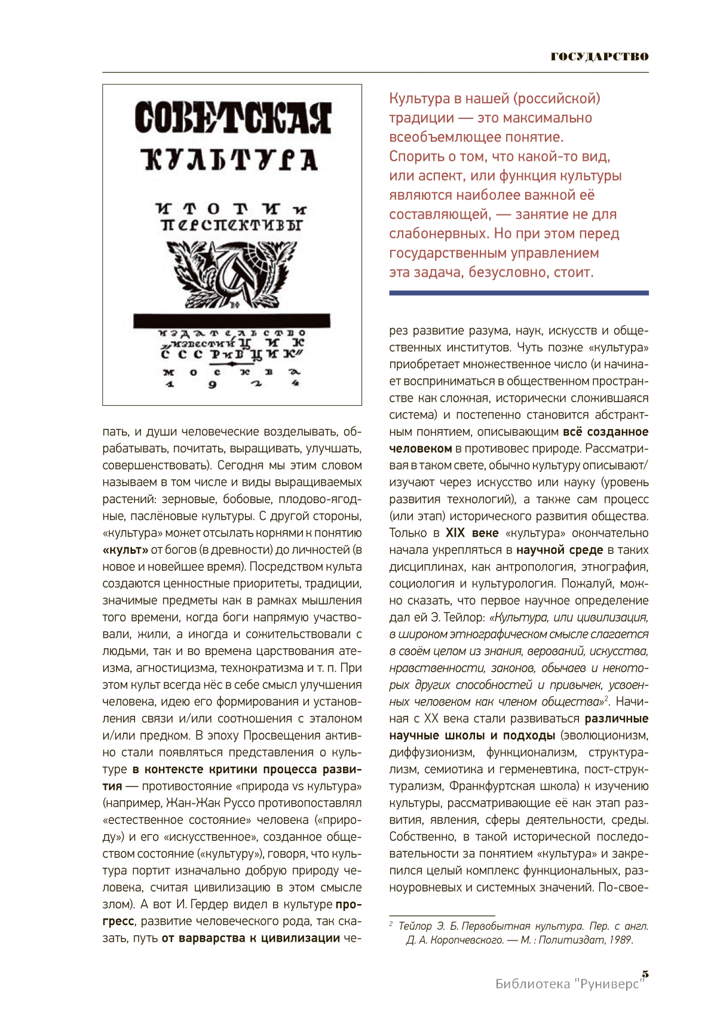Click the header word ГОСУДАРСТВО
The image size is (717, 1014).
coord(599,57)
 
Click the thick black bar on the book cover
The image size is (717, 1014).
coord(232,320)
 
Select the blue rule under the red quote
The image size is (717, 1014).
coord(519,293)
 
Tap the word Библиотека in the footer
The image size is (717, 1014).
coord(532,984)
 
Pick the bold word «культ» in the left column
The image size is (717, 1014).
coord(125,550)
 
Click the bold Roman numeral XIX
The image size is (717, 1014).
coord(455,533)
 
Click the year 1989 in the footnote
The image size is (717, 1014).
coord(620,940)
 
